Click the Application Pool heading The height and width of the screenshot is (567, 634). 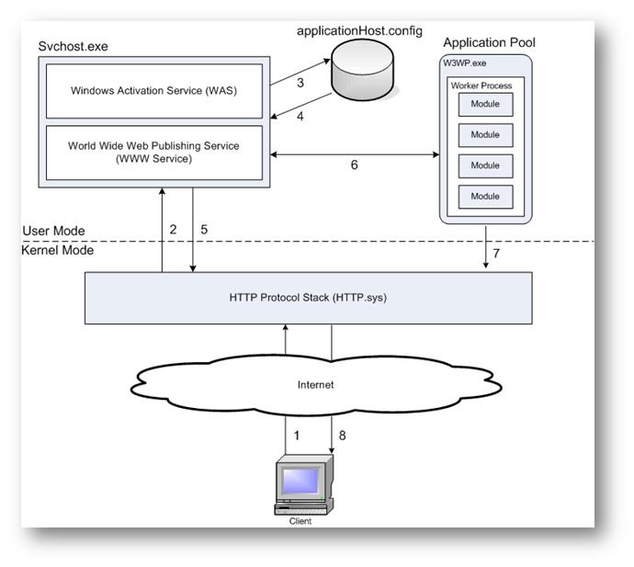click(x=489, y=42)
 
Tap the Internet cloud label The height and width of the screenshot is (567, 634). click(x=316, y=384)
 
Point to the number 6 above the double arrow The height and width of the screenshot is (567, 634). click(x=354, y=166)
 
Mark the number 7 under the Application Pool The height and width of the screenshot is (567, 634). click(x=498, y=253)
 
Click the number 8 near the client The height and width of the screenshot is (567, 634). click(x=343, y=436)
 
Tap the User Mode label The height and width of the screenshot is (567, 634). click(x=52, y=231)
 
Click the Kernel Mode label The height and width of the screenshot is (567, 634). click(x=57, y=250)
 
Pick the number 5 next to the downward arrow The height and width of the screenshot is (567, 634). click(x=205, y=230)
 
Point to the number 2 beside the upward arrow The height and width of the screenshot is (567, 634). click(x=173, y=230)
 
